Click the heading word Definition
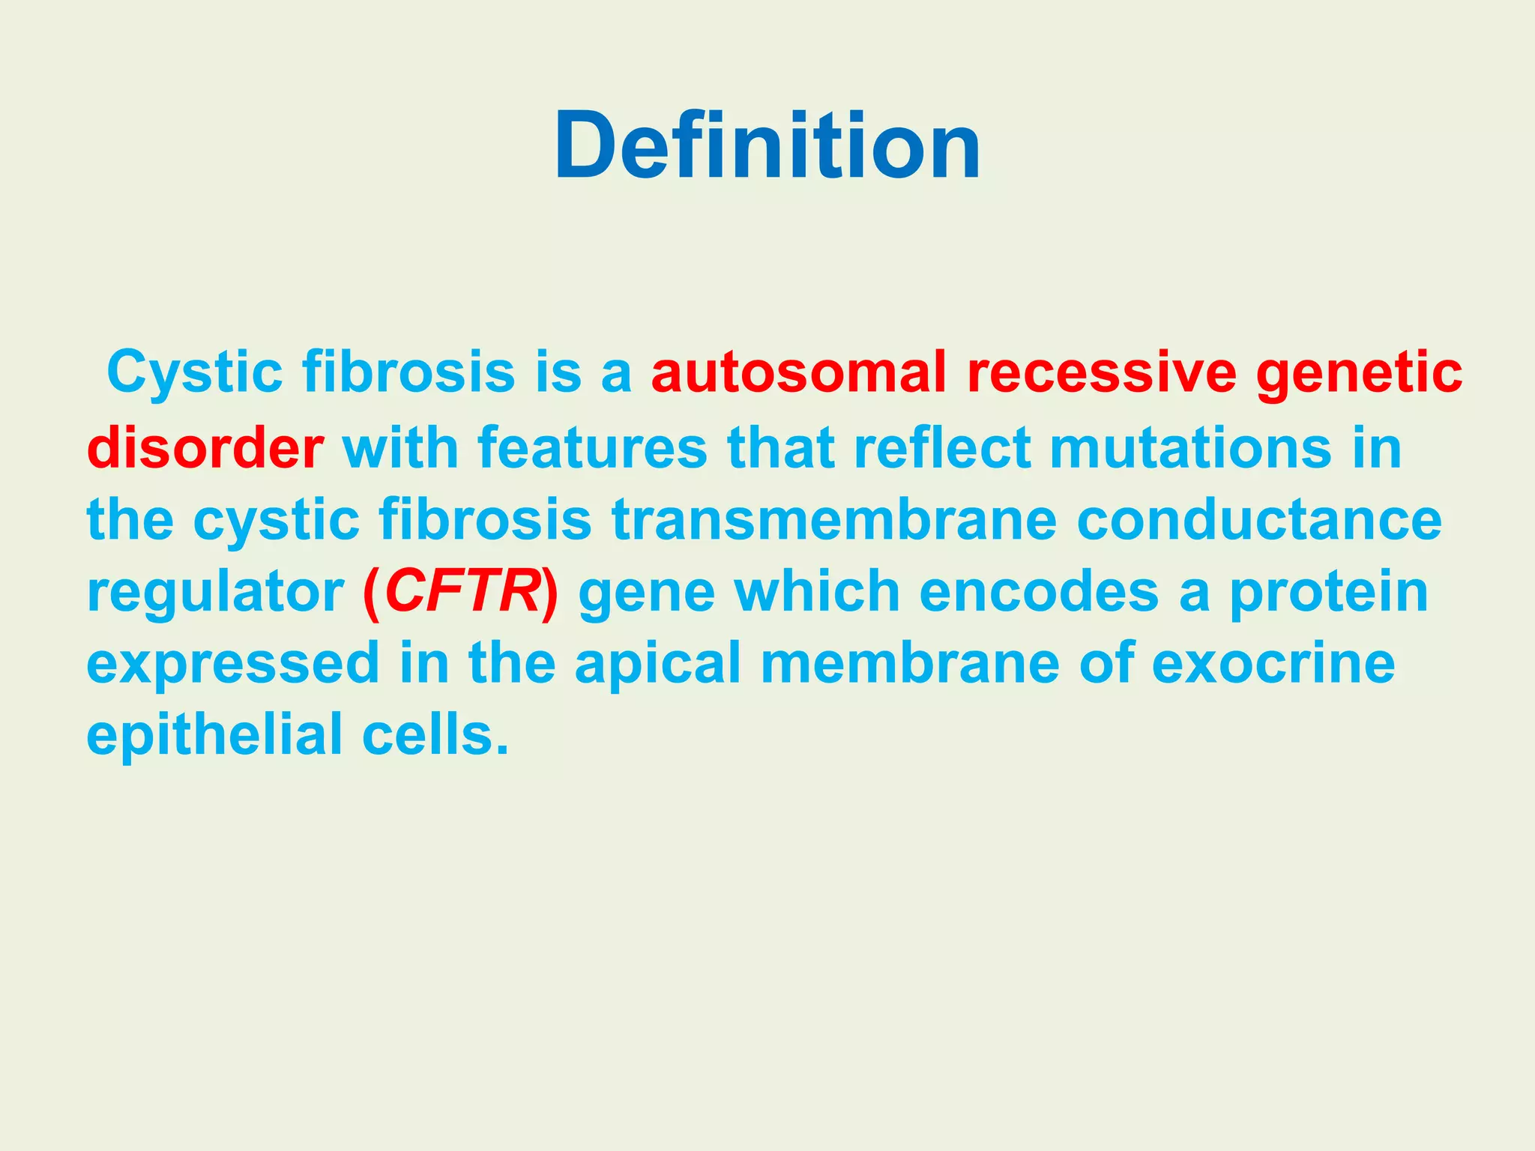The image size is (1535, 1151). [x=767, y=145]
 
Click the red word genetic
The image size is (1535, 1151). [x=1359, y=372]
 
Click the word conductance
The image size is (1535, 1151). [x=1259, y=519]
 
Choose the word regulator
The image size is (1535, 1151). [x=215, y=592]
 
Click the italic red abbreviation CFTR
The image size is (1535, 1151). [x=461, y=592]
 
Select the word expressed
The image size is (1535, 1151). [x=233, y=663]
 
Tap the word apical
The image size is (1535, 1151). [x=657, y=663]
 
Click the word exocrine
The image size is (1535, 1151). [x=1273, y=663]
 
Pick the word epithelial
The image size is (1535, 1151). [x=214, y=734]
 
